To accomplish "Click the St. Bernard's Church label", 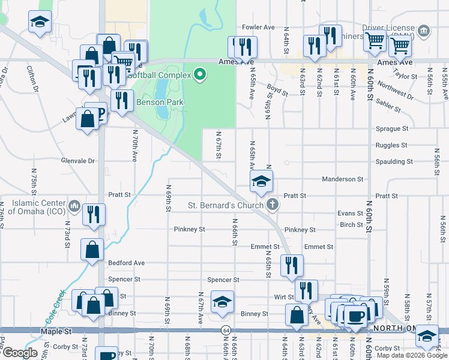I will (x=226, y=206).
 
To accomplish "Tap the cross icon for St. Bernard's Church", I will (x=273, y=205).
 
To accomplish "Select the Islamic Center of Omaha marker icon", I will (x=74, y=206).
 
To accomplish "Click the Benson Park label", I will (x=160, y=103).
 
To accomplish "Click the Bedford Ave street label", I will (x=126, y=263).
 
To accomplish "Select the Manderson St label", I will (x=342, y=179).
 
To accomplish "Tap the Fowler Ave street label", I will (x=258, y=27).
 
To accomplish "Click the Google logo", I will (x=20, y=353).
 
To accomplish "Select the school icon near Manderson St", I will (x=261, y=181).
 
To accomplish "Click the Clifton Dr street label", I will (x=31, y=81).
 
